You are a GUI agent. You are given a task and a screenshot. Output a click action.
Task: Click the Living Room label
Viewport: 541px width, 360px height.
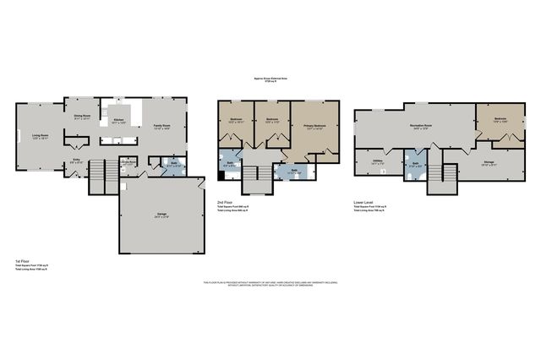[41, 135]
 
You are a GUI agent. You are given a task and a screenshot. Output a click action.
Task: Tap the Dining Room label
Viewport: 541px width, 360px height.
[82, 116]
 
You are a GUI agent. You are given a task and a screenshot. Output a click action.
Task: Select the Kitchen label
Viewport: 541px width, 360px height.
[118, 122]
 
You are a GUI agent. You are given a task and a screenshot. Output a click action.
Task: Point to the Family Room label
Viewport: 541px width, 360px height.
[161, 126]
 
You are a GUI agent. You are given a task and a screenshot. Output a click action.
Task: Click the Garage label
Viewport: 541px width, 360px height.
[161, 215]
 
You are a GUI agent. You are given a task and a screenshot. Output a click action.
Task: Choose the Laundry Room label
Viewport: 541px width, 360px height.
[128, 164]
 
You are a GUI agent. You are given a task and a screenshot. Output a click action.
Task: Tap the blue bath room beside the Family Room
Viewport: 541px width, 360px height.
[172, 166]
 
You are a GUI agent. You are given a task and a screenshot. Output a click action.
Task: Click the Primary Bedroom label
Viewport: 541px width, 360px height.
[315, 127]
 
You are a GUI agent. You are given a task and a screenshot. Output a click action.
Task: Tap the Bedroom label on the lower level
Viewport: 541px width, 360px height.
[500, 119]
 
